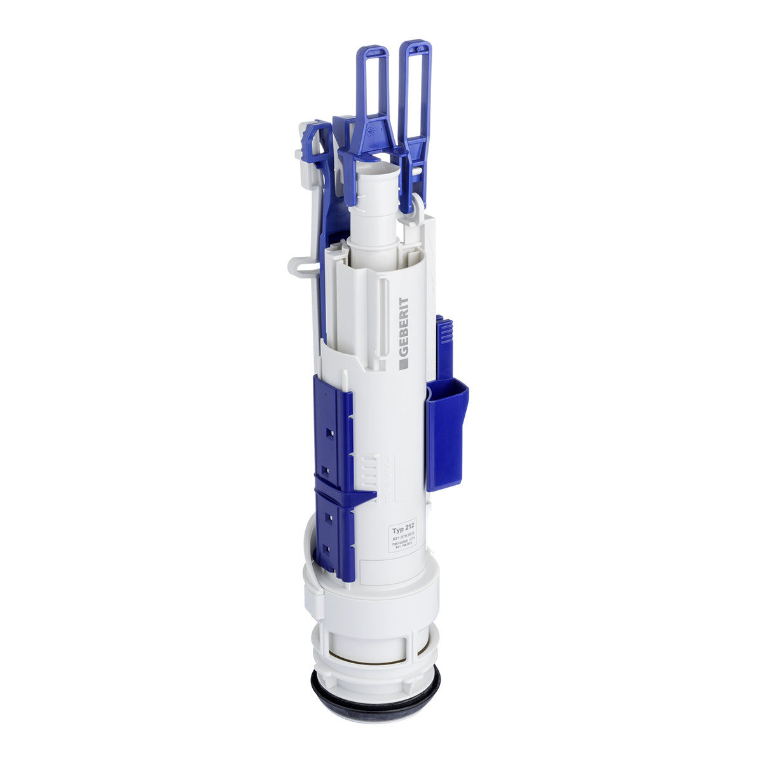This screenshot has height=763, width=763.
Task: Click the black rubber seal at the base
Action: coord(375,693)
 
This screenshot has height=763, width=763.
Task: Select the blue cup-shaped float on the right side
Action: coord(447,432)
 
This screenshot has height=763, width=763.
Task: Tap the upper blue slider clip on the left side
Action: coord(332,426)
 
